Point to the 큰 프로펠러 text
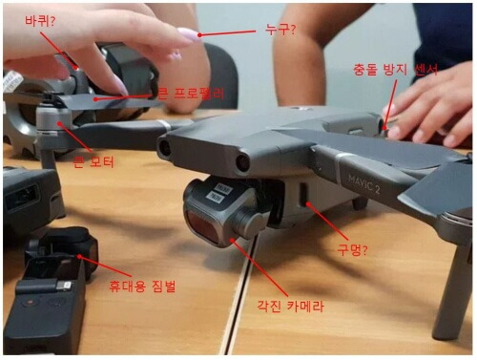click(192, 94)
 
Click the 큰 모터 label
click(93, 161)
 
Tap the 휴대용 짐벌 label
click(144, 286)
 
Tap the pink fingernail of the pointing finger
click(186, 35)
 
